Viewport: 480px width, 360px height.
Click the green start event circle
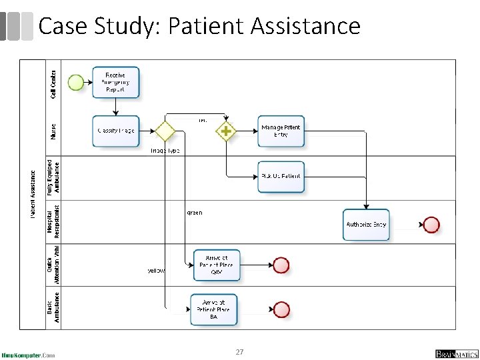tap(76, 83)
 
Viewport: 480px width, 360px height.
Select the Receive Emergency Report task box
tap(116, 83)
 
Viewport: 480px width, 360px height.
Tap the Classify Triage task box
tap(116, 131)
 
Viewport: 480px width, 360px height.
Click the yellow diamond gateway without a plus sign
tap(164, 131)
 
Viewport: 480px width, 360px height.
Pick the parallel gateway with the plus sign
tap(226, 131)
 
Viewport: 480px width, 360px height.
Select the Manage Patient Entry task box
tap(281, 131)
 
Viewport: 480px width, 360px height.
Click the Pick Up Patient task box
tap(281, 177)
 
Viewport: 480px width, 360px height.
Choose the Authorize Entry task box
tap(366, 225)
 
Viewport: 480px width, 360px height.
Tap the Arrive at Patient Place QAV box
tap(216, 265)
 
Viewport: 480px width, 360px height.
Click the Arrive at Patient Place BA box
tap(213, 309)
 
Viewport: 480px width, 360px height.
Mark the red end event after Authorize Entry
tap(431, 225)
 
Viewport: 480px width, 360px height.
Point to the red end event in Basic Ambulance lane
tap(281, 309)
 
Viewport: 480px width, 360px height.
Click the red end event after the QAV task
tap(281, 265)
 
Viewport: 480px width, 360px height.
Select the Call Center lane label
tap(54, 82)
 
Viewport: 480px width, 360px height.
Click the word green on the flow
tap(194, 213)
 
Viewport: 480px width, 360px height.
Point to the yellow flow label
tap(156, 271)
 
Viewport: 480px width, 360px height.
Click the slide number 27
tap(240, 351)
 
